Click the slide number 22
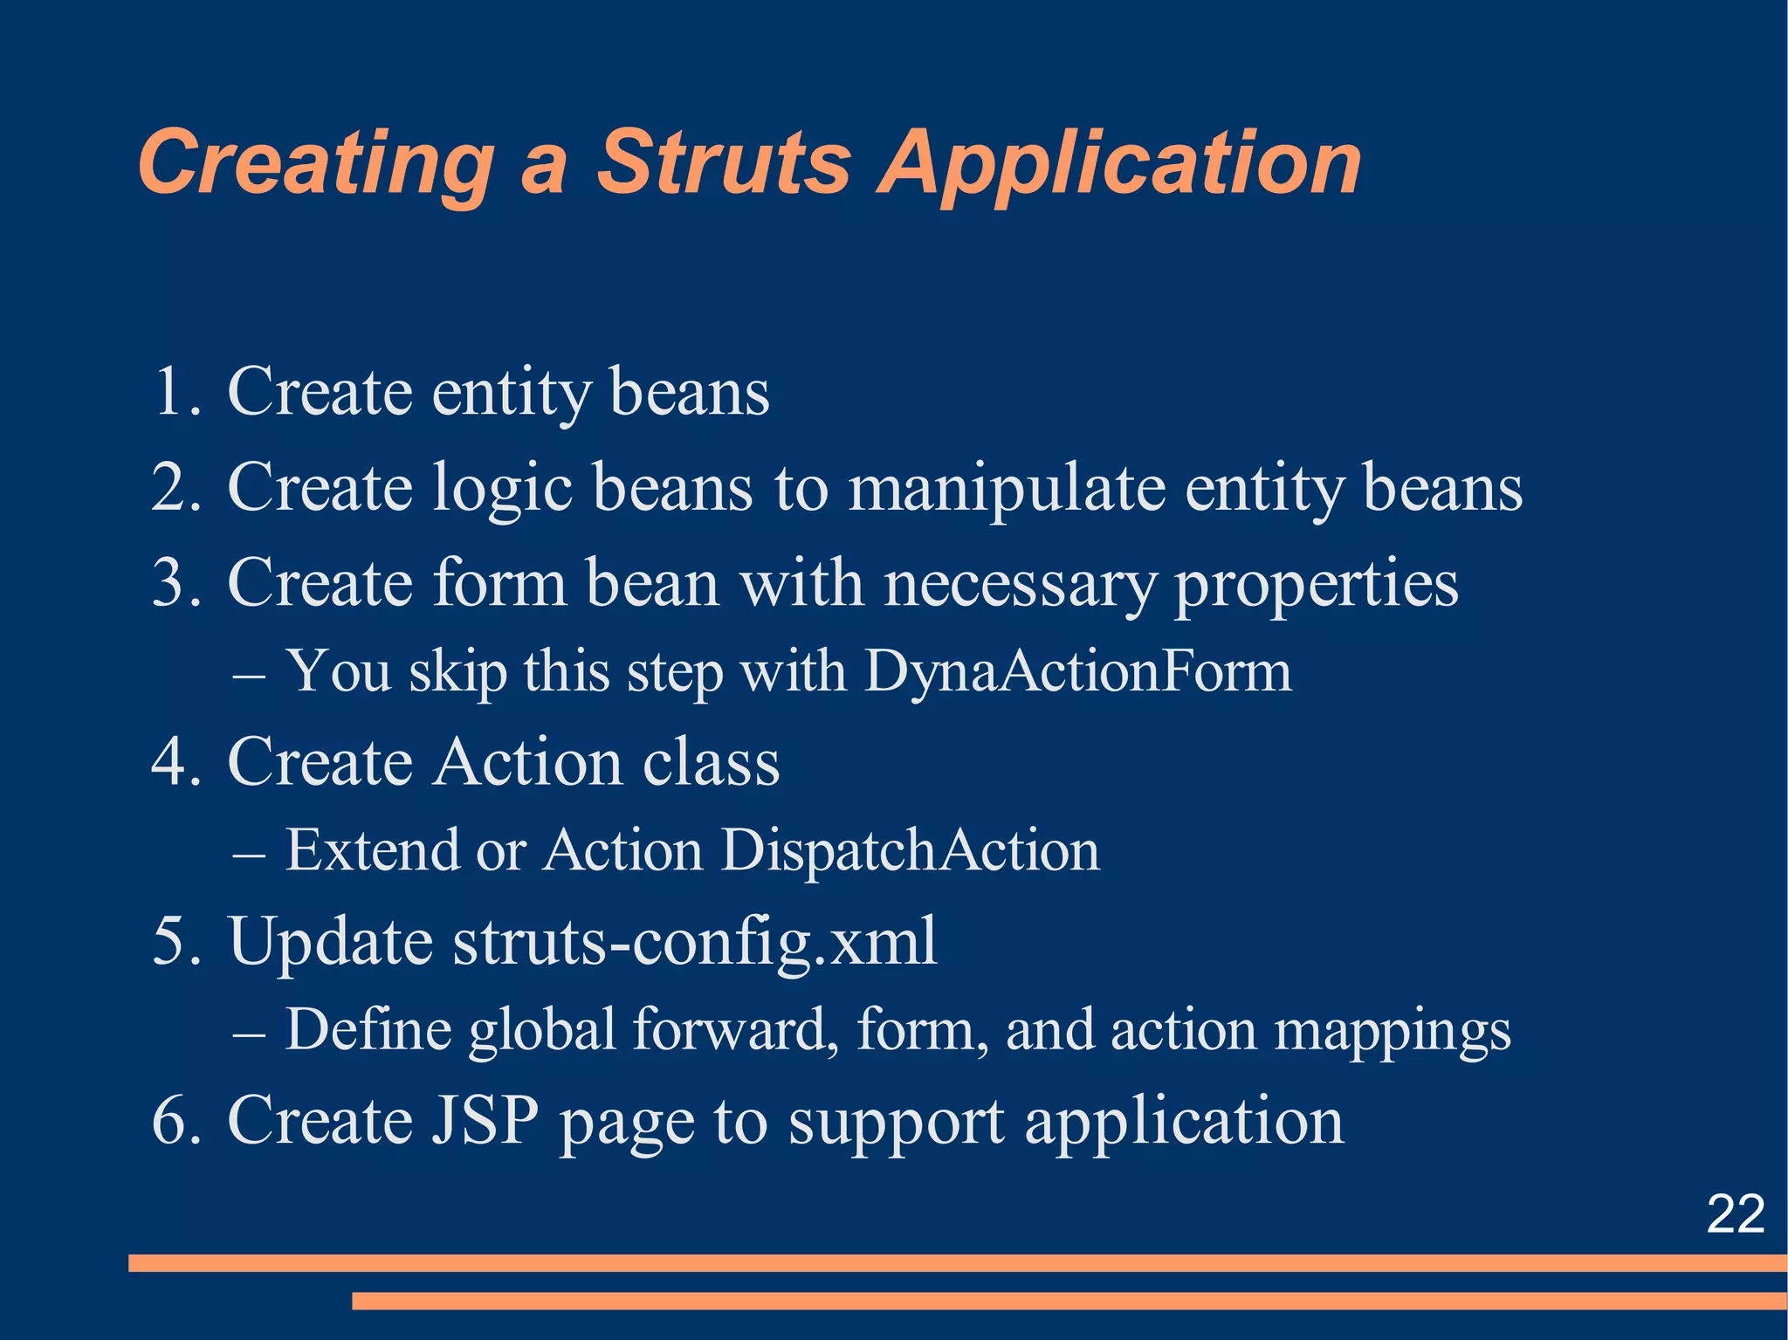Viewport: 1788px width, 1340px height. tap(1735, 1213)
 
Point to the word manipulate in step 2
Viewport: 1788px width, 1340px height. tap(1006, 489)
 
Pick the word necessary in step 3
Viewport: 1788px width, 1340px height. tap(1020, 583)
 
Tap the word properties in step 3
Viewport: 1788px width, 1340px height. tap(1316, 585)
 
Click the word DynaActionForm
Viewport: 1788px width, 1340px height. tap(1077, 672)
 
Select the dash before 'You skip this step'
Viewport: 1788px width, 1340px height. tap(249, 676)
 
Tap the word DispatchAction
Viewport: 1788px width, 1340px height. tap(910, 850)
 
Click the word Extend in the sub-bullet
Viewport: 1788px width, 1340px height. tap(372, 850)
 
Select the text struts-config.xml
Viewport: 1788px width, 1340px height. tap(695, 943)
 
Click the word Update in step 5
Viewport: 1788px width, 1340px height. tap(330, 943)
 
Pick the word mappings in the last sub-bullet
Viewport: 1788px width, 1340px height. tap(1393, 1032)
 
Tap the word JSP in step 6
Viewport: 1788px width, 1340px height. tap(485, 1121)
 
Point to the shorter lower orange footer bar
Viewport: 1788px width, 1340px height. tap(1069, 1302)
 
